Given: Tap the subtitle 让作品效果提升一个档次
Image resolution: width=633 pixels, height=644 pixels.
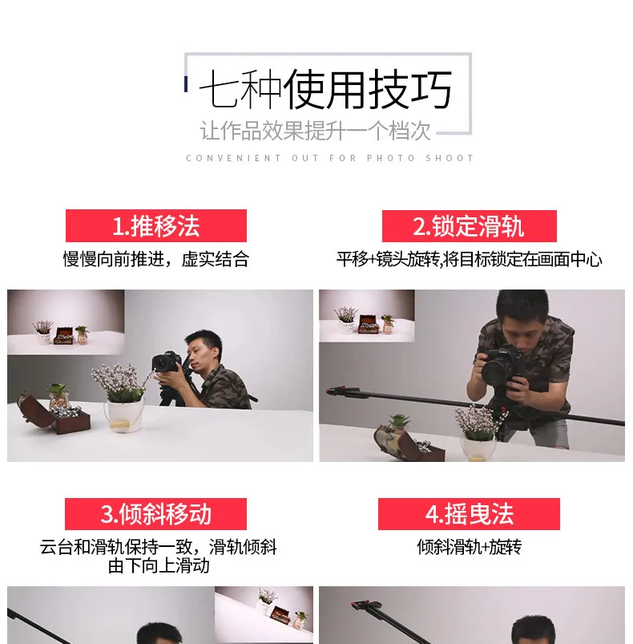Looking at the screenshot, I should (316, 131).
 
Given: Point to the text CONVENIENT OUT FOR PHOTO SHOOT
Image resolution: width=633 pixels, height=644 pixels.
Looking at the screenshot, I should (330, 158).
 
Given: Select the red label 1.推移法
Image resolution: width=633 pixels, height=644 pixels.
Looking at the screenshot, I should (155, 226).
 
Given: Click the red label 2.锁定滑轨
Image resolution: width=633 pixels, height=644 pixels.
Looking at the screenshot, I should (469, 226).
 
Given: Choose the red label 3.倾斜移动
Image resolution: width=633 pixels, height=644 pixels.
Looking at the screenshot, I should (155, 514).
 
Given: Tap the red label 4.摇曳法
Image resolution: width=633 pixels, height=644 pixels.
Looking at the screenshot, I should (469, 514).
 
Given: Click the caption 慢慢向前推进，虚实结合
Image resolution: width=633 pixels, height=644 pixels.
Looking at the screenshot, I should (155, 259).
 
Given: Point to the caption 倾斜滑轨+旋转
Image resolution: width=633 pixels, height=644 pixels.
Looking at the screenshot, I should (469, 547).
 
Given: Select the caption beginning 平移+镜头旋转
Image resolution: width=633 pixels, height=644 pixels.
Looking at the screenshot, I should (469, 259).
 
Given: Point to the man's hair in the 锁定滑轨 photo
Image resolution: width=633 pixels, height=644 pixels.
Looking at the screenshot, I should (521, 305).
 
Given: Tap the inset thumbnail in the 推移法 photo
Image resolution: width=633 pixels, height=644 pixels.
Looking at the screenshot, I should (66, 322).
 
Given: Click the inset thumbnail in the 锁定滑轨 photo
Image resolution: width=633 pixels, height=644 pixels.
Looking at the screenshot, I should (366, 316).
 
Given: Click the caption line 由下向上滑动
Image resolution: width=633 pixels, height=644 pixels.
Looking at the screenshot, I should (159, 565).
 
